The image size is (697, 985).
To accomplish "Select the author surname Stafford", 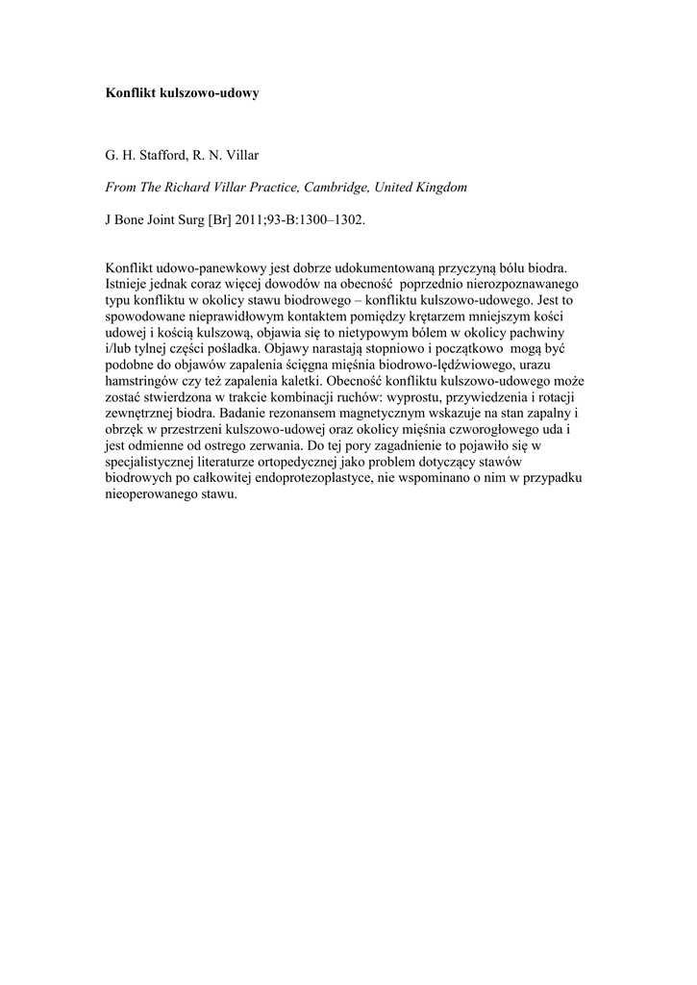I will tap(164, 154).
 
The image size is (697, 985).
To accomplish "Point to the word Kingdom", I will tap(441, 187).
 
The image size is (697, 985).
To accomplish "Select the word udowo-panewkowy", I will tap(203, 270).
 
